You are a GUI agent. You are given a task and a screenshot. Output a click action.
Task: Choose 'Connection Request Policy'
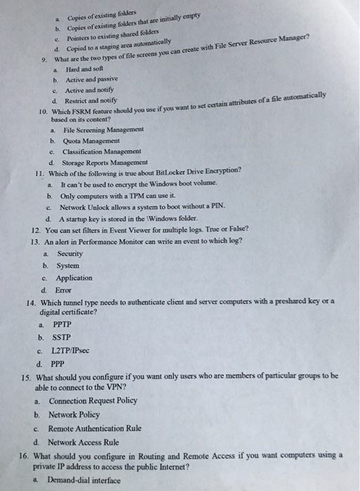[x=93, y=401]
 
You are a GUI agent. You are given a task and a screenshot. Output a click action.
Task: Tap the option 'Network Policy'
[x=77, y=415]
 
